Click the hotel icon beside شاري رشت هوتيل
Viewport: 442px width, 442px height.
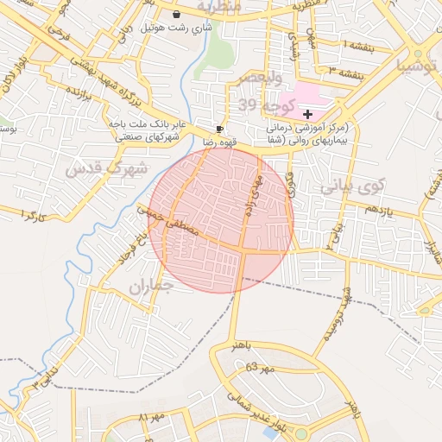click(177, 15)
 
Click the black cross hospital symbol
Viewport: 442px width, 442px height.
click(307, 114)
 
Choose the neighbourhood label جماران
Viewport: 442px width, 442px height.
click(151, 285)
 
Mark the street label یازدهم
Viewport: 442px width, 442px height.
click(378, 210)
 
